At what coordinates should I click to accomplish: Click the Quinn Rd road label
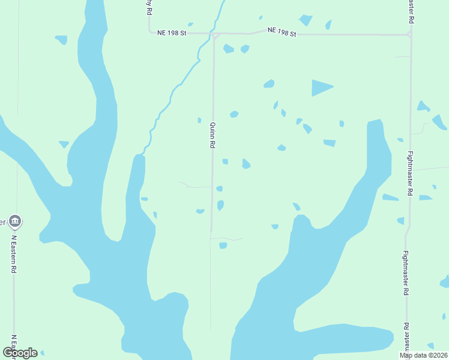[212, 135]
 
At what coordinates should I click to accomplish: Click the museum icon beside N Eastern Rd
[16, 221]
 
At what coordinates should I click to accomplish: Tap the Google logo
[20, 353]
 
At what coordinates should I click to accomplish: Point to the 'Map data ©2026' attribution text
[423, 355]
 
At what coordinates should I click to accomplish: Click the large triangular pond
[321, 88]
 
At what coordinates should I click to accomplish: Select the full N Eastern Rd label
[13, 254]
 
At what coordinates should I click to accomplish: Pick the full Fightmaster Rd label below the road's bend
[406, 273]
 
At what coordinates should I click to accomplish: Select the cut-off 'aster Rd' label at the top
[411, 11]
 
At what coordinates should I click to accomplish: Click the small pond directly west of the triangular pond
[269, 83]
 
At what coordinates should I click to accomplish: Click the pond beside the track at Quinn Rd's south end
[223, 245]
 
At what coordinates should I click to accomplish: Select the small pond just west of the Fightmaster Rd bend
[400, 221]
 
